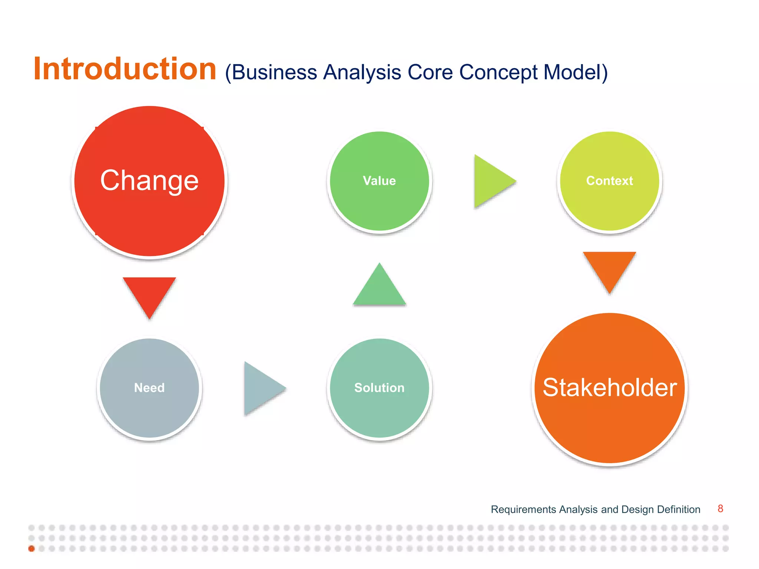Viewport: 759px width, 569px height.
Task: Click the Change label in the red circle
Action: (x=149, y=180)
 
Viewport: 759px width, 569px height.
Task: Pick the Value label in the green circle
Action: (x=379, y=181)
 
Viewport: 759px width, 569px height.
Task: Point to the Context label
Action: (x=609, y=181)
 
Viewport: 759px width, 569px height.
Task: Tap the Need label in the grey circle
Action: (x=149, y=388)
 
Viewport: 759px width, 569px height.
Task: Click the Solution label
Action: (x=379, y=388)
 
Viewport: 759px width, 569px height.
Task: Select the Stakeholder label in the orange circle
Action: (x=610, y=388)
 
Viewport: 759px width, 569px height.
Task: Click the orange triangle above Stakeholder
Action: (x=609, y=268)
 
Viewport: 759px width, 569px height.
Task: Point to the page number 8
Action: (x=720, y=509)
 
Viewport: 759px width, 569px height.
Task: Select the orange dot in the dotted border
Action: (x=32, y=549)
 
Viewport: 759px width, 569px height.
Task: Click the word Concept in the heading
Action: (x=498, y=73)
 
